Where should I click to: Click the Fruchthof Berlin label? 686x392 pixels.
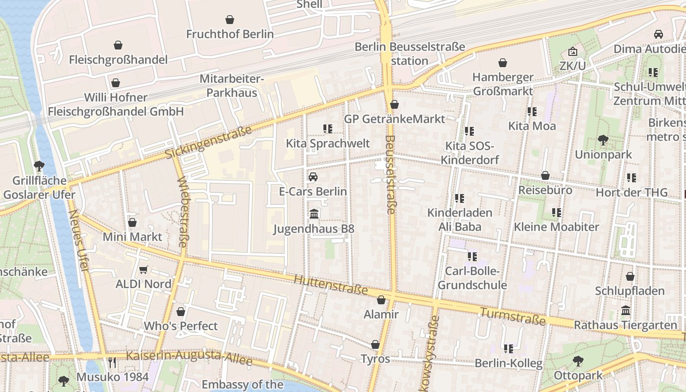click(230, 34)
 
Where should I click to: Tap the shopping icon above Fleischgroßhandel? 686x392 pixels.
click(118, 46)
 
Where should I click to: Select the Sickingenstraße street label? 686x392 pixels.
click(208, 143)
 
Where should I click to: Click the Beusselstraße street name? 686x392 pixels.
click(390, 174)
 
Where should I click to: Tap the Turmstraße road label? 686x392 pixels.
click(513, 317)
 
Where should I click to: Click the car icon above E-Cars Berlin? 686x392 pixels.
click(313, 177)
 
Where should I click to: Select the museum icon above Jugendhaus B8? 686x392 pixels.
click(314, 214)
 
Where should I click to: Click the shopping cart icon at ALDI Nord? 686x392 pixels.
click(144, 270)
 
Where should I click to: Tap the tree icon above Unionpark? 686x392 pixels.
click(603, 140)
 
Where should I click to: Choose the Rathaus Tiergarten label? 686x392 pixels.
click(626, 325)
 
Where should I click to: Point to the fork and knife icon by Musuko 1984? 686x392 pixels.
click(112, 363)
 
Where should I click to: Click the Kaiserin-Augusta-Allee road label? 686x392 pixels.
click(189, 358)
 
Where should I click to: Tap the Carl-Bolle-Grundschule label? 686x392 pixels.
click(472, 278)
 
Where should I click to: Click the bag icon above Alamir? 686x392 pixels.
click(381, 300)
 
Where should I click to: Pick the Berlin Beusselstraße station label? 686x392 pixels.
click(410, 54)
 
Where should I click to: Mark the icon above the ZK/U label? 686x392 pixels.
click(572, 51)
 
